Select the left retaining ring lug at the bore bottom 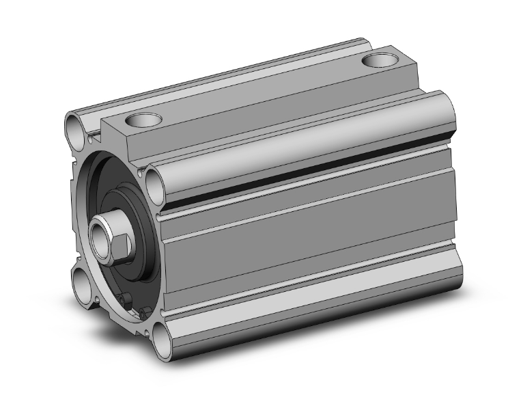pos(124,299)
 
